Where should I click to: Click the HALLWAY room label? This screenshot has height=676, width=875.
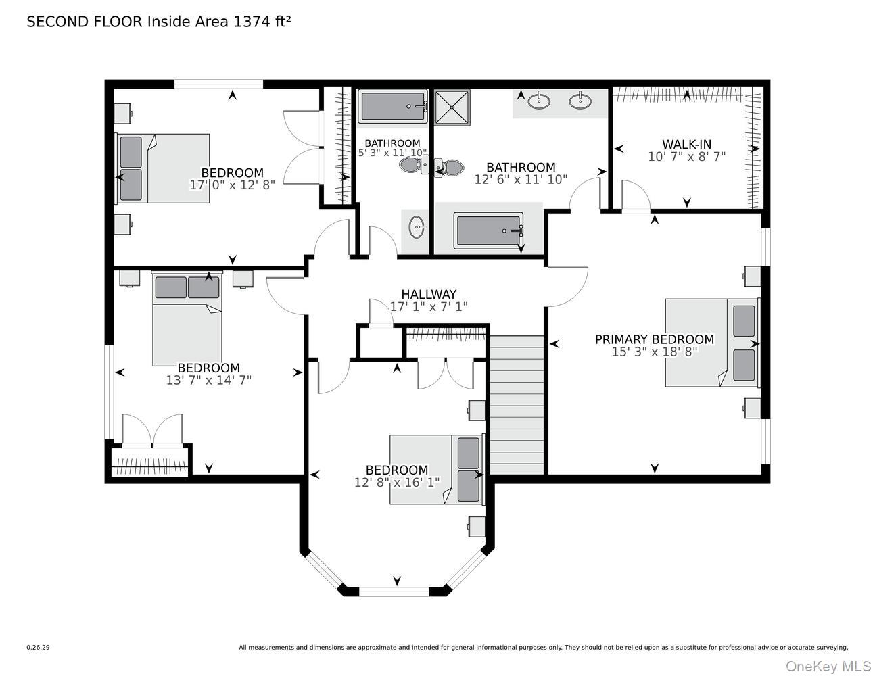[429, 294]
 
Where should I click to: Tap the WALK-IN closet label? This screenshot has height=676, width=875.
[686, 144]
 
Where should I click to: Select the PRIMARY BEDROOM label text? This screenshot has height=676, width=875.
[655, 339]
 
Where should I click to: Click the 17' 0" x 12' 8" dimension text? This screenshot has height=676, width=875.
[233, 185]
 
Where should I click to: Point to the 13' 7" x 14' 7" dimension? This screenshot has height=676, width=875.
[208, 380]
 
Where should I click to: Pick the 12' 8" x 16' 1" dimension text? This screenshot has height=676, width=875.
[397, 482]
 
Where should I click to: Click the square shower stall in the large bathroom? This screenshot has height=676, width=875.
[452, 107]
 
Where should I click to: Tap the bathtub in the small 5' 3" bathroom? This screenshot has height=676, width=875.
[393, 106]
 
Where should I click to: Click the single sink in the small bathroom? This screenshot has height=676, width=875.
[417, 227]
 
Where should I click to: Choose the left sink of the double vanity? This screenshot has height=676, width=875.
[539, 100]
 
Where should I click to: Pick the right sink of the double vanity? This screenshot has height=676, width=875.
[580, 100]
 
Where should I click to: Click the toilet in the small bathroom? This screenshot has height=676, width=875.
[414, 165]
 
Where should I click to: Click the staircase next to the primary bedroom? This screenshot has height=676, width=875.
[517, 405]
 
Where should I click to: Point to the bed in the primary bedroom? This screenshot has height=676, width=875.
[712, 343]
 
